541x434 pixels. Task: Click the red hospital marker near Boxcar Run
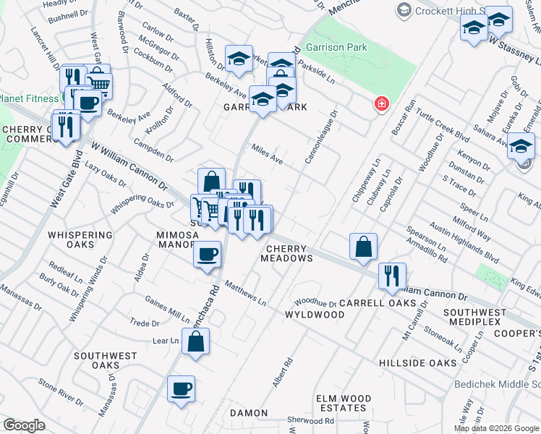(x=380, y=105)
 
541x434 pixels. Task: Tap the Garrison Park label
(x=336, y=48)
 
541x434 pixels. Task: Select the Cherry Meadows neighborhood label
(x=286, y=252)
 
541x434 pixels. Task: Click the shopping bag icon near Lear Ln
(x=196, y=342)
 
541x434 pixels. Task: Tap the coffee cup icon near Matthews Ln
(x=208, y=255)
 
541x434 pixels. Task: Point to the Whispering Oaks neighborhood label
(x=80, y=239)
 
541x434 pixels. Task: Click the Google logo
(x=24, y=425)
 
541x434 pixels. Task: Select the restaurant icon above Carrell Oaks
(x=392, y=275)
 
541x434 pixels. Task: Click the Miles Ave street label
(x=267, y=153)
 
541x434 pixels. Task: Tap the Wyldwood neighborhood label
(x=315, y=315)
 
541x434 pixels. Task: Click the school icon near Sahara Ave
(x=521, y=147)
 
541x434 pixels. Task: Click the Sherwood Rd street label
(x=311, y=420)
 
